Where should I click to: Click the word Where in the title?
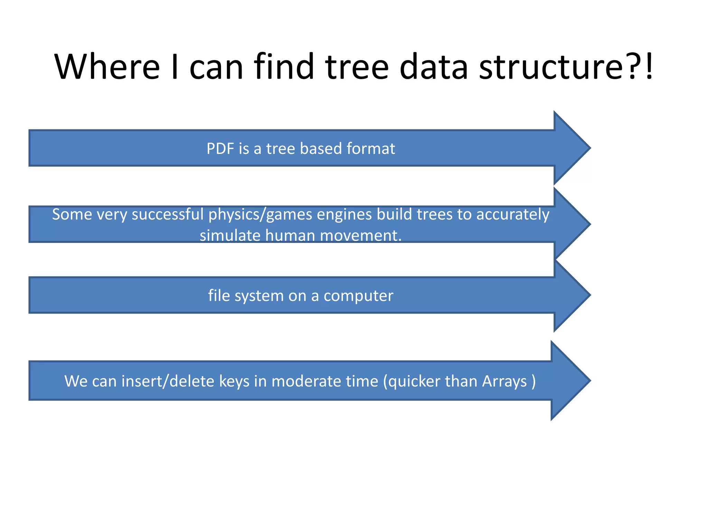[x=107, y=66]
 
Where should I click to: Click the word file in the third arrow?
[x=219, y=296]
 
